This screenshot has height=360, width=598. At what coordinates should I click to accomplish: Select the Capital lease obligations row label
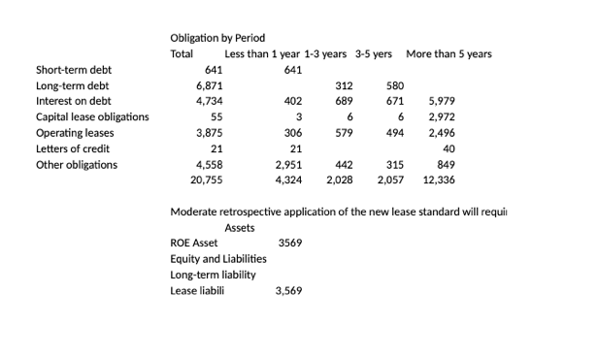click(92, 117)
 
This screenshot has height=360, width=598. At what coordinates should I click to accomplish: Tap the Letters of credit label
click(73, 148)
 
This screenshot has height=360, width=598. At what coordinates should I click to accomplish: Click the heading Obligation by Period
click(217, 38)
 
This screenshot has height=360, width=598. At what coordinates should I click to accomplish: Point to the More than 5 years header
click(448, 53)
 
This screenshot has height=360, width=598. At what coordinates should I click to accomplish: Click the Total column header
click(182, 53)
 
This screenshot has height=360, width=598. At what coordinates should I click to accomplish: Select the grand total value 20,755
click(207, 180)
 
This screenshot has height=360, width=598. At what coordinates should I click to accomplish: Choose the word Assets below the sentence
click(240, 227)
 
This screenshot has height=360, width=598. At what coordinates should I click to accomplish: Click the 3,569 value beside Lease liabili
click(288, 290)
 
